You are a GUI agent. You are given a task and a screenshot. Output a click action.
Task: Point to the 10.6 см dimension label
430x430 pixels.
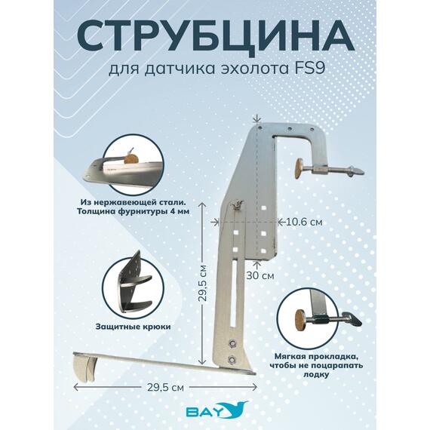click(305, 222)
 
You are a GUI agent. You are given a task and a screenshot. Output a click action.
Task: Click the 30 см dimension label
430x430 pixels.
click(260, 275)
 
